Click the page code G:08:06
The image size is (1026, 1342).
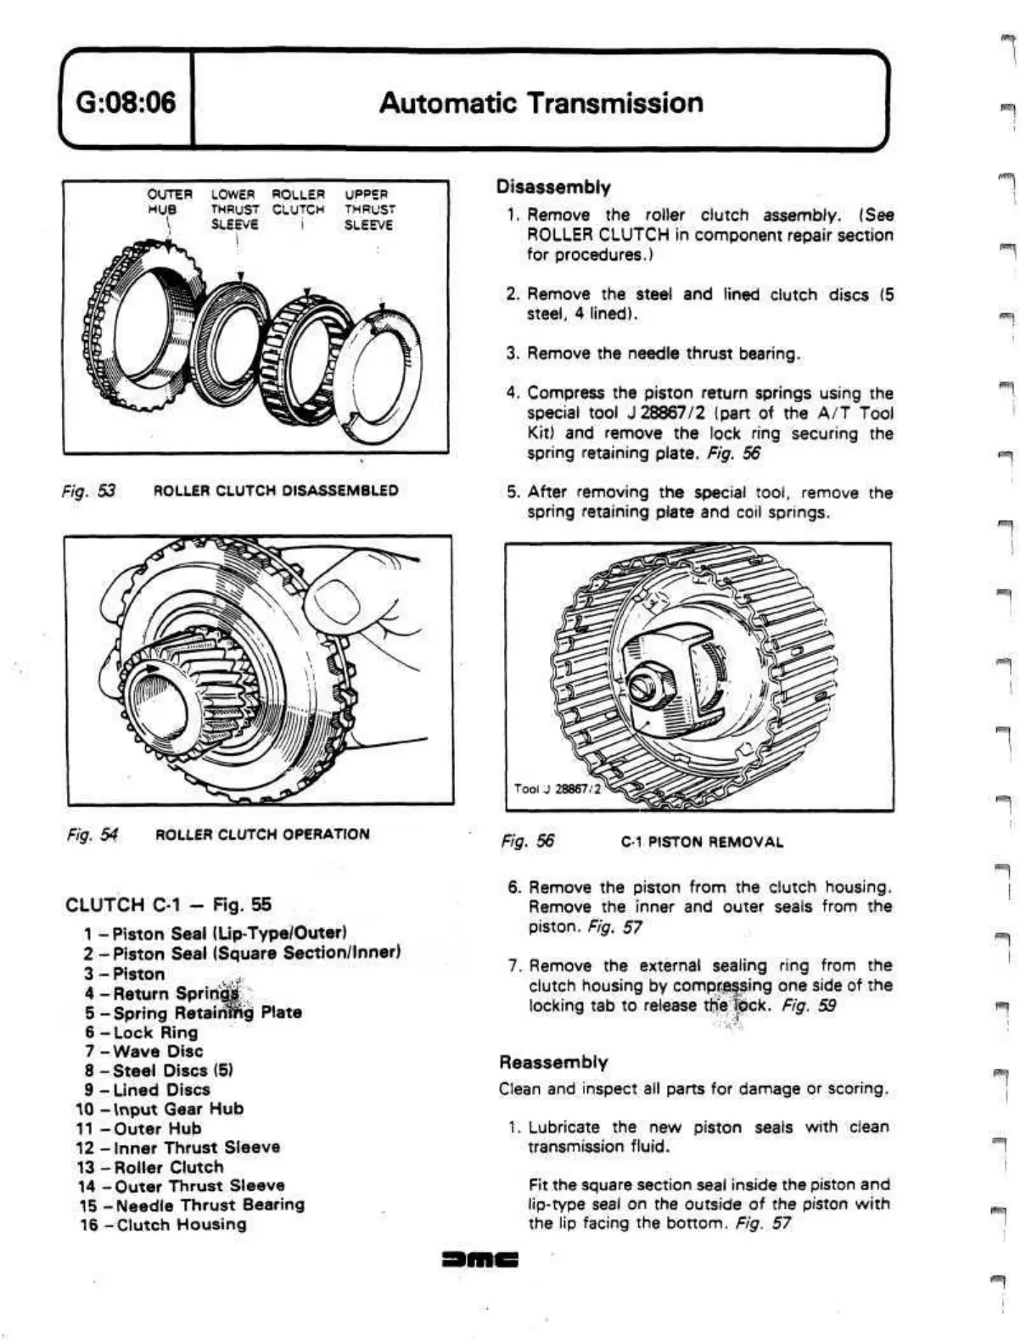126,103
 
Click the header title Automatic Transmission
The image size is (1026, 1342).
541,103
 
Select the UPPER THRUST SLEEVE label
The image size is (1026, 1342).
368,210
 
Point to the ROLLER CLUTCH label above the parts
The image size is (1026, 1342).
298,202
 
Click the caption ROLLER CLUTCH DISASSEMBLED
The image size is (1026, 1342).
275,490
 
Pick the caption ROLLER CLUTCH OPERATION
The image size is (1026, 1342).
262,834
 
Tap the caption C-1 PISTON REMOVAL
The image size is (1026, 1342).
702,842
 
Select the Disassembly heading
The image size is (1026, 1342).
553,187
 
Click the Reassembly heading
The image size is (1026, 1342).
553,1062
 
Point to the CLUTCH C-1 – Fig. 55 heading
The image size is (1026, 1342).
168,904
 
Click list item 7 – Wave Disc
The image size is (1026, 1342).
143,1051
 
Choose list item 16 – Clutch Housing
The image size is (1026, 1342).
163,1224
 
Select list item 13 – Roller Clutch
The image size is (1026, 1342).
150,1166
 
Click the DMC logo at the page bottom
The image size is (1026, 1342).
480,1260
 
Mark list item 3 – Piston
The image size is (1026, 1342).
125,974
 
